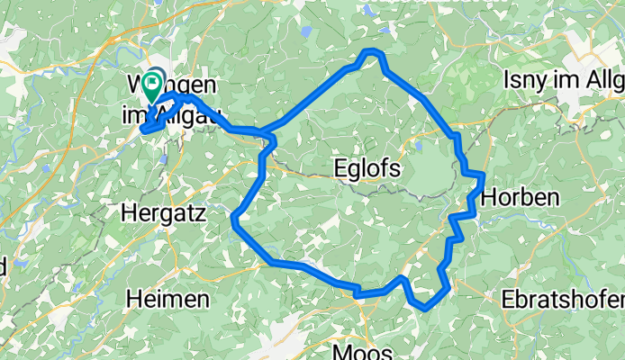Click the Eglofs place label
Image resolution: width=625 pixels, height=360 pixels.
[365, 168]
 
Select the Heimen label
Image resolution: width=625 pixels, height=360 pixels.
[168, 298]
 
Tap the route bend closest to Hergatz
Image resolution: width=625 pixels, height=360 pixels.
[235, 217]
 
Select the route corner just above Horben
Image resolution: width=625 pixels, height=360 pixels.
[483, 174]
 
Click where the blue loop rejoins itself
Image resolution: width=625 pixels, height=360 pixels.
[267, 136]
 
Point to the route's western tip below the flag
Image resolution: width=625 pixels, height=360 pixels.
[143, 130]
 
